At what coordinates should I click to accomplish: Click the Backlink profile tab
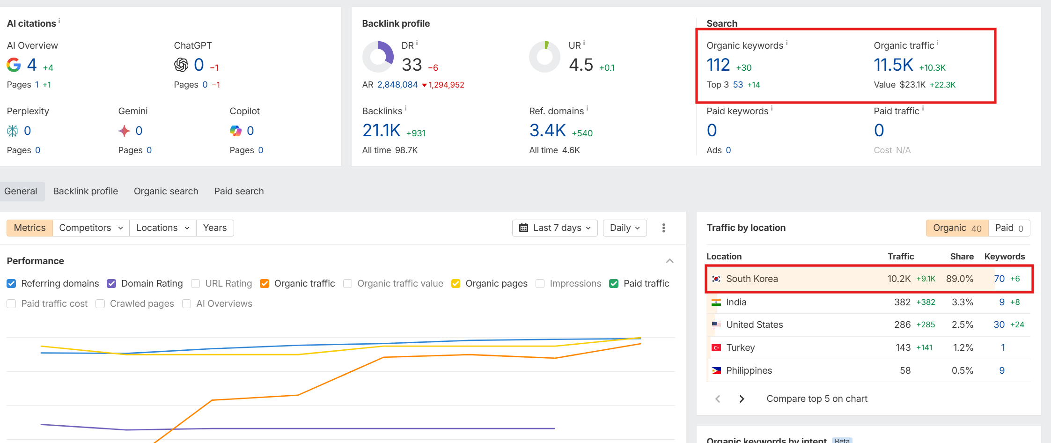coord(85,191)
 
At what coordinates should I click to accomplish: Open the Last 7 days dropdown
coord(555,228)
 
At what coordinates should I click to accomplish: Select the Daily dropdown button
coord(625,228)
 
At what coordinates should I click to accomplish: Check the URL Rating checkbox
coord(196,284)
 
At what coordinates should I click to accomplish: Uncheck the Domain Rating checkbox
coord(111,284)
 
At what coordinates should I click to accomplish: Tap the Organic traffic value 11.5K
coord(893,65)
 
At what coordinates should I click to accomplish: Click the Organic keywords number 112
coord(718,65)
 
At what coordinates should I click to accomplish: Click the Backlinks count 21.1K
coord(381,131)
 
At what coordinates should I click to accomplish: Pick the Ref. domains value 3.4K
coord(547,131)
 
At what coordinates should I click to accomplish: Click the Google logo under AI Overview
coord(14,65)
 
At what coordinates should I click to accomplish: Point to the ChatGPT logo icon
coord(181,65)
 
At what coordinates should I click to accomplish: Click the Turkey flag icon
coord(716,347)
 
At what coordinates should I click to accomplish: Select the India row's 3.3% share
coord(962,302)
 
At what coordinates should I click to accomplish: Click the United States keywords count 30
coord(999,325)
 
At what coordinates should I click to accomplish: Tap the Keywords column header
coord(1004,256)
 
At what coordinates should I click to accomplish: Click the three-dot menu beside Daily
coord(663,228)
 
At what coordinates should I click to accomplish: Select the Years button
coord(215,228)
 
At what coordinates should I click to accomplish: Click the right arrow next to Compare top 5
coord(742,399)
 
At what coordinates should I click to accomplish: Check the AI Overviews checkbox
coord(186,304)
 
